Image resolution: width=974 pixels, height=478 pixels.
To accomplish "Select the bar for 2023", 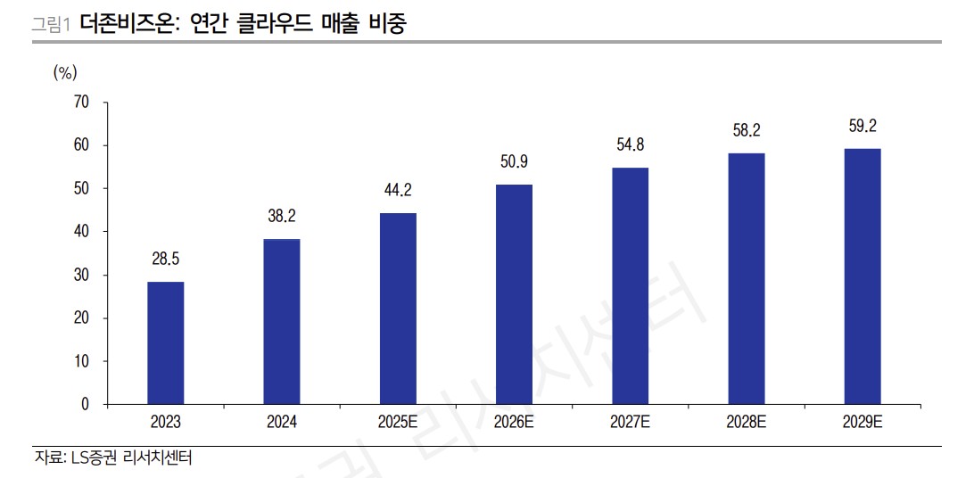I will pyautogui.click(x=166, y=343).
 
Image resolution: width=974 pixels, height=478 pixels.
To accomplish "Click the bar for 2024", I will pyautogui.click(x=282, y=322).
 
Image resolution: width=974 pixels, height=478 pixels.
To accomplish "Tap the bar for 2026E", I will pyautogui.click(x=514, y=294).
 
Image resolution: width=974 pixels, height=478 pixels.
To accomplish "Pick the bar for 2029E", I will pyautogui.click(x=863, y=276).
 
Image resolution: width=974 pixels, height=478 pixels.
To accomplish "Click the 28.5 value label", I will pyautogui.click(x=166, y=260).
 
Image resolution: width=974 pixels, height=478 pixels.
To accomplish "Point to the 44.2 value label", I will pyautogui.click(x=398, y=191).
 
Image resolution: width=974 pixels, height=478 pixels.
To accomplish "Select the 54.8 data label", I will pyautogui.click(x=630, y=145).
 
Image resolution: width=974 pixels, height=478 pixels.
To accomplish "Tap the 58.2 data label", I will pyautogui.click(x=746, y=131).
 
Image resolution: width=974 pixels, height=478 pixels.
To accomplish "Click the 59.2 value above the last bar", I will pyautogui.click(x=863, y=127).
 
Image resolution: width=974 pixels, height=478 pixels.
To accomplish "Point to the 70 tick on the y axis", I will pyautogui.click(x=81, y=103).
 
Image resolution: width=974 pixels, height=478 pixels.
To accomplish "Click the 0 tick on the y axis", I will pyautogui.click(x=85, y=405).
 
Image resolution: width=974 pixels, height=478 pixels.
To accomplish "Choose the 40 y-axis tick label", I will pyautogui.click(x=81, y=232).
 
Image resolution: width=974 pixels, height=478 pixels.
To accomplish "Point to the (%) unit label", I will pyautogui.click(x=66, y=72).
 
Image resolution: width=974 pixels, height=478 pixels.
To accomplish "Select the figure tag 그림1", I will pyautogui.click(x=51, y=24).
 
